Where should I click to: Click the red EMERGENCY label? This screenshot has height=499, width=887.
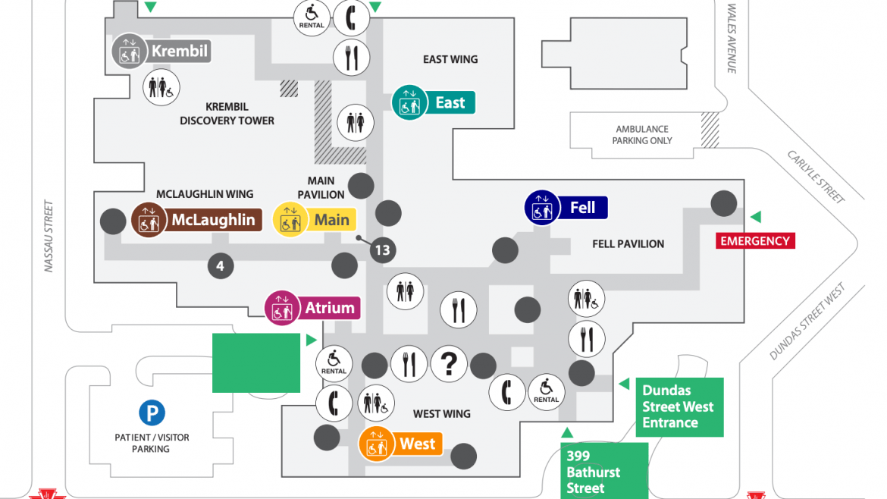tap(754, 241)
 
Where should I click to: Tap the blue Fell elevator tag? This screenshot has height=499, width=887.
tap(567, 207)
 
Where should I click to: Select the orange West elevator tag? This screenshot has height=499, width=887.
tap(400, 444)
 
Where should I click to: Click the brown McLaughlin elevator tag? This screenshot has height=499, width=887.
tap(197, 220)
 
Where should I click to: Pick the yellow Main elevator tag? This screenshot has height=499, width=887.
tap(314, 220)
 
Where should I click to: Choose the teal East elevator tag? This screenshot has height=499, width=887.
tap(434, 102)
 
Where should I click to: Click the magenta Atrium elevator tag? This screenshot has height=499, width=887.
tap(312, 308)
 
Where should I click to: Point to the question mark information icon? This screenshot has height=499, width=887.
tap(449, 365)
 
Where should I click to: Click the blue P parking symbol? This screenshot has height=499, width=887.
tap(152, 413)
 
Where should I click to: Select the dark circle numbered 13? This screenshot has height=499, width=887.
tap(382, 250)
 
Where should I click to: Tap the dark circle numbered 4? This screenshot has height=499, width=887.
tap(220, 266)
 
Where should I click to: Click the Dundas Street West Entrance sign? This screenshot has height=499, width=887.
tap(679, 406)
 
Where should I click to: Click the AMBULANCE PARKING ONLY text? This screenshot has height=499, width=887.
tap(641, 135)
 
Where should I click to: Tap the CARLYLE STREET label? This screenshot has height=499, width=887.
tap(816, 177)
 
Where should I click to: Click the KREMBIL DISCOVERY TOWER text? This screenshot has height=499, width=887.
tap(227, 114)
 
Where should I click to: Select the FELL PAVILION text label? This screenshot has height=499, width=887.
tap(628, 243)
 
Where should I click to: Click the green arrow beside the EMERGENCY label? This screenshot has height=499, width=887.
tap(755, 218)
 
